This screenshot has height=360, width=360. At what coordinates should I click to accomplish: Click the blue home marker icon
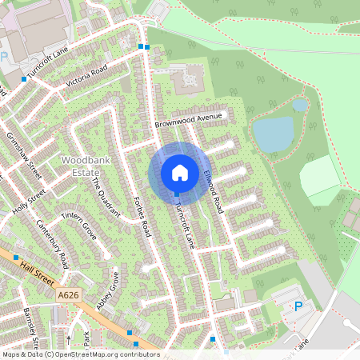[x=180, y=173]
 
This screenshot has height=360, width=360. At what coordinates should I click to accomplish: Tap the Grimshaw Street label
[x=23, y=153]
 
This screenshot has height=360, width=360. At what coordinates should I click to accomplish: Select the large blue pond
[x=274, y=134]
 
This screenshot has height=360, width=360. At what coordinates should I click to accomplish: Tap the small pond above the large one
[x=299, y=105]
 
